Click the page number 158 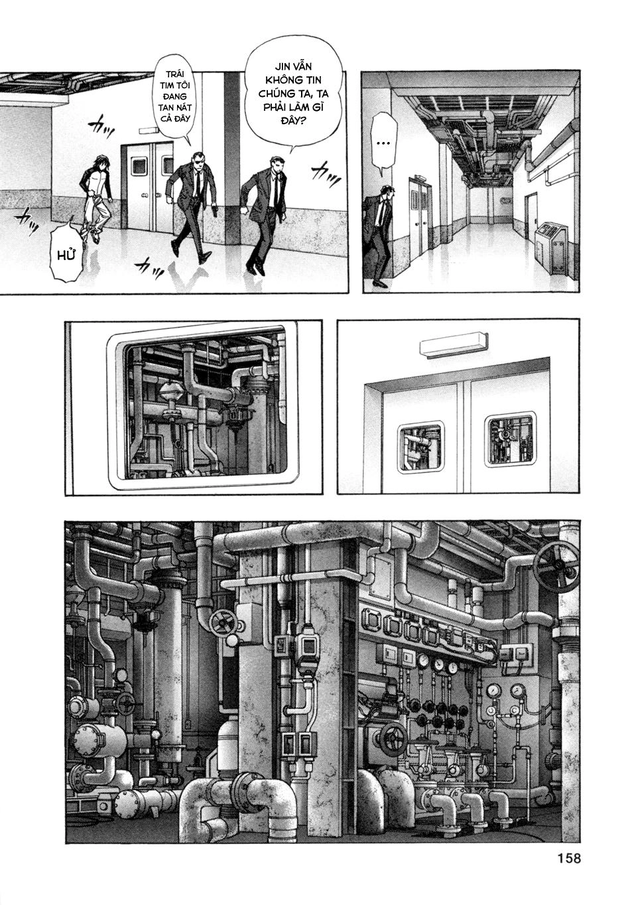(565, 859)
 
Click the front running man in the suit (268, 212)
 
